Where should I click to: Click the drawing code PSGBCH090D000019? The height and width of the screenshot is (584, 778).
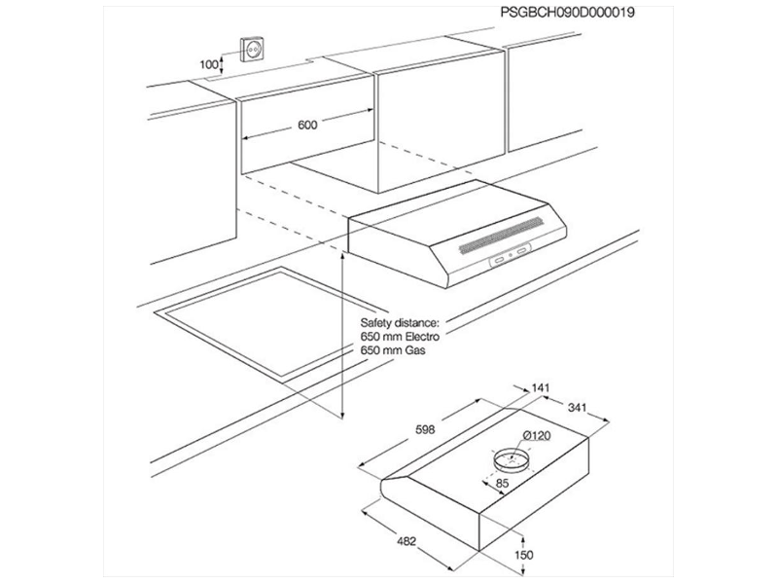click(567, 13)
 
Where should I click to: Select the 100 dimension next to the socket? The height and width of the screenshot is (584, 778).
click(209, 64)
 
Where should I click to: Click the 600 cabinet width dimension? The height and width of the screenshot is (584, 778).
click(307, 125)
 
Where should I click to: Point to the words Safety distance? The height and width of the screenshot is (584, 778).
click(400, 323)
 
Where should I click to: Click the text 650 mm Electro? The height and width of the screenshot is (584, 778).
click(400, 336)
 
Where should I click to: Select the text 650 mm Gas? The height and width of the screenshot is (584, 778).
click(393, 349)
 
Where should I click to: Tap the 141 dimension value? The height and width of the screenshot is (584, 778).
click(541, 387)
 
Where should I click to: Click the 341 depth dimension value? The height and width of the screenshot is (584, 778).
click(577, 407)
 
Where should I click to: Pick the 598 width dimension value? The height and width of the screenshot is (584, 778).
click(425, 429)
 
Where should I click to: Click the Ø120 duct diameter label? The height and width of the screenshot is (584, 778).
click(537, 435)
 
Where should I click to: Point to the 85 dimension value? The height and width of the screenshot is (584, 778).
click(502, 482)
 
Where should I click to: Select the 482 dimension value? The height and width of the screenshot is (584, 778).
click(407, 541)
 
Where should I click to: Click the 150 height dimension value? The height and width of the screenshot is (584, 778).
click(524, 555)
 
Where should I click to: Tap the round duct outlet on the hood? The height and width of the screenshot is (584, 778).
click(512, 458)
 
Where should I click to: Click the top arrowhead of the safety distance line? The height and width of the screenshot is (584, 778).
click(342, 257)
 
